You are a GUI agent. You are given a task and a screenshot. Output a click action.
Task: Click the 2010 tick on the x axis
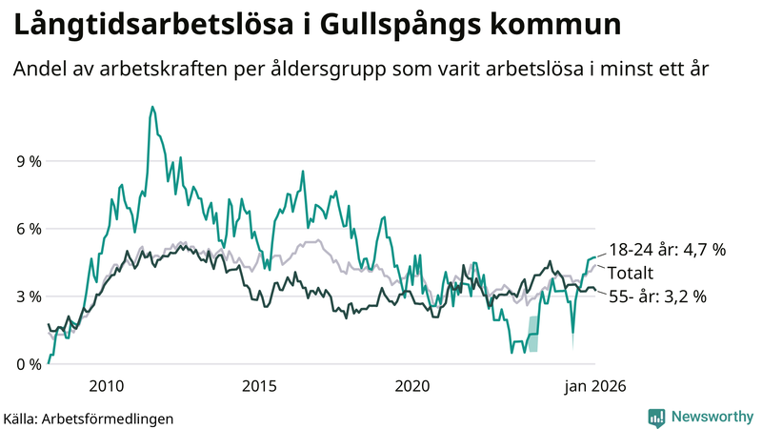pyautogui.click(x=106, y=386)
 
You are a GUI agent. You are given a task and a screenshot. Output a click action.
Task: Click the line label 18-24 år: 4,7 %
pyautogui.click(x=668, y=250)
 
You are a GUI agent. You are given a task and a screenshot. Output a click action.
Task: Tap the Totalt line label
pyautogui.click(x=634, y=273)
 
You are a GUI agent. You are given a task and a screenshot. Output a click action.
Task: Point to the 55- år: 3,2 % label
pyautogui.click(x=657, y=296)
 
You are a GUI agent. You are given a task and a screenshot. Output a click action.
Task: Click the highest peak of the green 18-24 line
pyautogui.click(x=152, y=107)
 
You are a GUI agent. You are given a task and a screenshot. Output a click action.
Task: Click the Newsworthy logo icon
pyautogui.click(x=656, y=417)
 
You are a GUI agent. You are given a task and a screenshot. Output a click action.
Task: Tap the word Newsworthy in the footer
pyautogui.click(x=712, y=417)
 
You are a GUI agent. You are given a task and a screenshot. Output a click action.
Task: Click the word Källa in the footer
pyautogui.click(x=20, y=418)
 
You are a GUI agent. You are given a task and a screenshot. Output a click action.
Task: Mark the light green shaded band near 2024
pyautogui.click(x=533, y=341)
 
